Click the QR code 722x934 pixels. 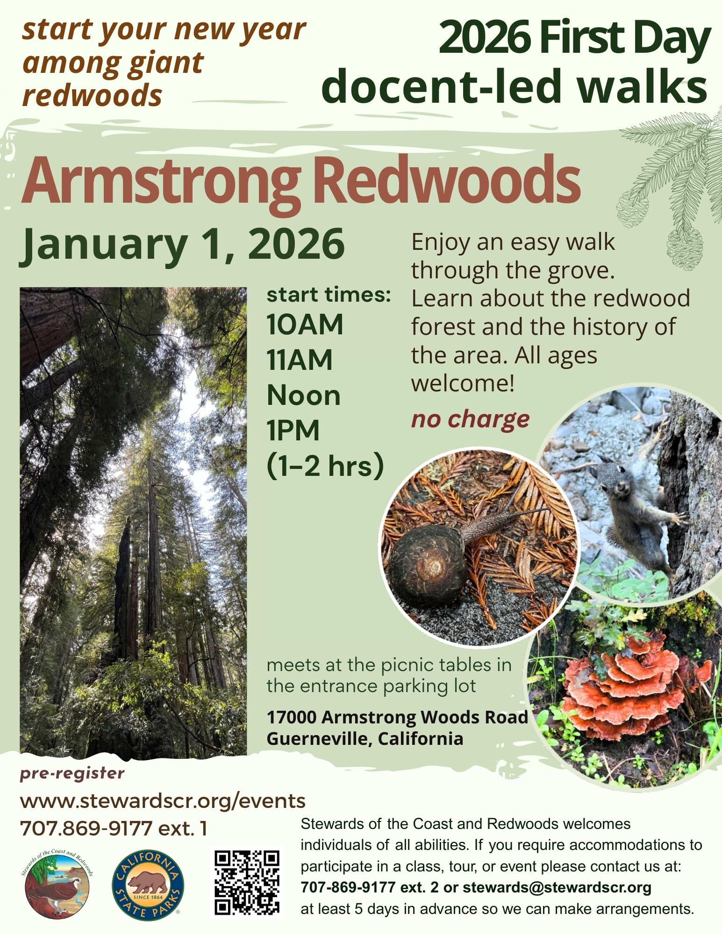[x=247, y=883]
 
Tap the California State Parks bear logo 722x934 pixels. [x=148, y=884]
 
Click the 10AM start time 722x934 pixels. [x=305, y=325]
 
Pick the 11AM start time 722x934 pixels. [x=300, y=360]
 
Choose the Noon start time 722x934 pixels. [x=303, y=396]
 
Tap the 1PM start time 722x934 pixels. [x=293, y=431]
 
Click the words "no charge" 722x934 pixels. [x=470, y=419]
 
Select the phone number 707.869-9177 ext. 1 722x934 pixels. [x=114, y=828]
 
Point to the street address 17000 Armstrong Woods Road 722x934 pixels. [x=397, y=717]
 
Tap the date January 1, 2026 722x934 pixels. [x=182, y=245]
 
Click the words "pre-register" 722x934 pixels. [x=72, y=773]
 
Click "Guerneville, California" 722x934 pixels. [x=365, y=739]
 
